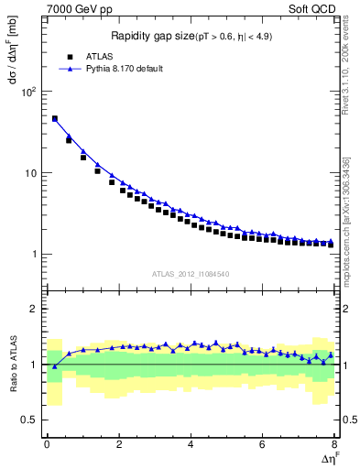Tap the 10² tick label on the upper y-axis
[30, 92]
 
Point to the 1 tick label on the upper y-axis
[35, 255]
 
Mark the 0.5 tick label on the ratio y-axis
[31, 420]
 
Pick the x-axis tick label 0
[47, 444]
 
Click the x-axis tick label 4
[191, 444]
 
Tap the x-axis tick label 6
[263, 444]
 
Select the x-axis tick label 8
[334, 444]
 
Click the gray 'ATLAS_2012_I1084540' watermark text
[191, 274]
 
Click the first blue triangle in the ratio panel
[54, 366]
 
